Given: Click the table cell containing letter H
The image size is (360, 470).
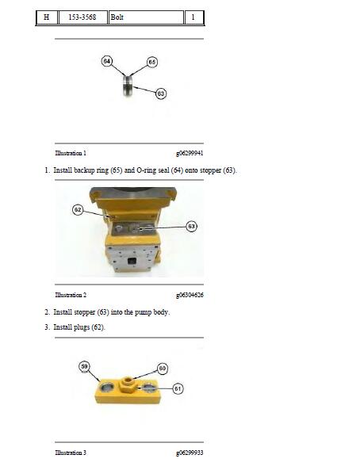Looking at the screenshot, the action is [47, 17].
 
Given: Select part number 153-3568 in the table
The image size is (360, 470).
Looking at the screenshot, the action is [82, 17].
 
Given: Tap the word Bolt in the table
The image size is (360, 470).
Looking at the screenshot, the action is [117, 17].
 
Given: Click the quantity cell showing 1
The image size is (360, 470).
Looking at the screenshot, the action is [193, 17].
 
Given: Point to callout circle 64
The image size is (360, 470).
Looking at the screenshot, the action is [107, 61].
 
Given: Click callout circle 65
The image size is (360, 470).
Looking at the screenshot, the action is [152, 62].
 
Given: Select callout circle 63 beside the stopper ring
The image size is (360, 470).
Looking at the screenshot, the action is [161, 94].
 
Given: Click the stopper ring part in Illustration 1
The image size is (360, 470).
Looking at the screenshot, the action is [128, 86].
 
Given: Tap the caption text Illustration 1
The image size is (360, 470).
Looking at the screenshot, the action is [71, 153].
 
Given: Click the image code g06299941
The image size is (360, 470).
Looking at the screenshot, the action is [190, 153].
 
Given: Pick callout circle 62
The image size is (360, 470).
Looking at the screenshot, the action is [78, 209].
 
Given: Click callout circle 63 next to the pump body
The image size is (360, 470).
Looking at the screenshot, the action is [191, 227].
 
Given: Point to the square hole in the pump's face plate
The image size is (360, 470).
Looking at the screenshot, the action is [132, 261].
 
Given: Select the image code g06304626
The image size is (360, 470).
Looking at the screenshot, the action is [190, 295].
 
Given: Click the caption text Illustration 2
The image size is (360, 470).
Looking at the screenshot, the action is [71, 295].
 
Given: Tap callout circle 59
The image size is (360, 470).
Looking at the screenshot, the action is [84, 367].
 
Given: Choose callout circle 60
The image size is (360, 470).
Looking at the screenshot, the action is [163, 368].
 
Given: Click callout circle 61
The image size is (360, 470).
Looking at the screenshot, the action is [178, 389].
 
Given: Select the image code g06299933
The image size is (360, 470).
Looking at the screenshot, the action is [190, 453].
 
